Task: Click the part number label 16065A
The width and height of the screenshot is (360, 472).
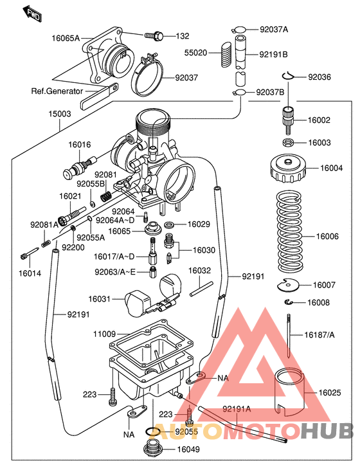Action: coord(66,38)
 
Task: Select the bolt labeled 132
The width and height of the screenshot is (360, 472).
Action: coord(154,35)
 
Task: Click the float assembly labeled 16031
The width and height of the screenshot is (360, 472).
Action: coord(149,295)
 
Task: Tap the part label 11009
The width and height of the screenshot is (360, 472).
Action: coord(104,334)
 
